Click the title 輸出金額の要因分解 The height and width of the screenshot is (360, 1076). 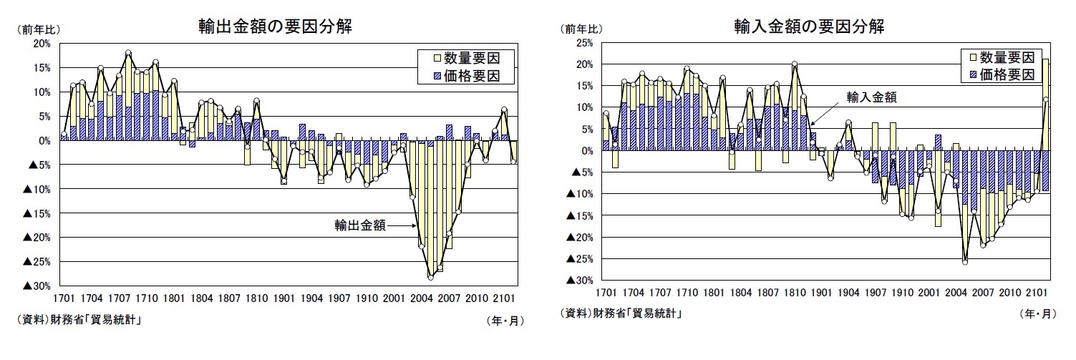275,27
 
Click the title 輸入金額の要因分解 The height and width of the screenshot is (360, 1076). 809,27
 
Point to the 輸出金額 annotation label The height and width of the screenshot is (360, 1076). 360,225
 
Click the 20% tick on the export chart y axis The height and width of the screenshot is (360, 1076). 42,44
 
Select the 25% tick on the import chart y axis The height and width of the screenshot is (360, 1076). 583,43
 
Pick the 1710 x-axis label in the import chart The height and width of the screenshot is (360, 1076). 691,293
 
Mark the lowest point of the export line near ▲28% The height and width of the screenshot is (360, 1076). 431,277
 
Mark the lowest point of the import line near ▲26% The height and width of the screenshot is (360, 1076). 965,263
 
